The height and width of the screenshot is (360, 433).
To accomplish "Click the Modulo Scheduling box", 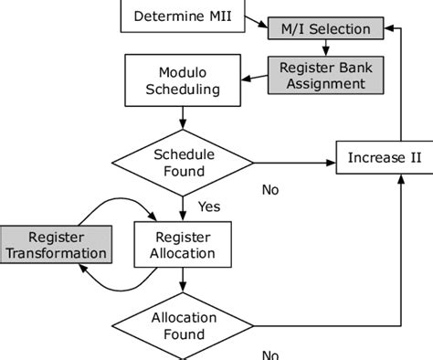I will [184, 80].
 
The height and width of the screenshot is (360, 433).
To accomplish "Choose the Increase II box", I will [385, 158].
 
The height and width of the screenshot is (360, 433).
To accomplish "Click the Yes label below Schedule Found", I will [208, 206].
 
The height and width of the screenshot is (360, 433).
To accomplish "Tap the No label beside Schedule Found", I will [270, 190].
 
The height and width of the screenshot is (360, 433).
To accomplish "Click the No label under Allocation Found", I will [270, 354].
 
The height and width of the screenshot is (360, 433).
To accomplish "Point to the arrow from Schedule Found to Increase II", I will [292, 163].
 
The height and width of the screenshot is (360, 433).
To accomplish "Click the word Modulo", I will [184, 72].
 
